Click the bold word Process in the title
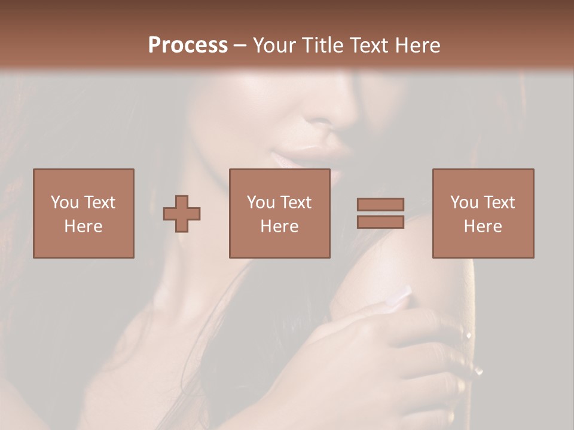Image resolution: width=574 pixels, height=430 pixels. pos(188,45)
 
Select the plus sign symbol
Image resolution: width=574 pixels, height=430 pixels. pos(182,214)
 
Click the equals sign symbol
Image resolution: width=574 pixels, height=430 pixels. pos(380,213)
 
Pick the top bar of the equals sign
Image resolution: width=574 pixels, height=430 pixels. pos(380,205)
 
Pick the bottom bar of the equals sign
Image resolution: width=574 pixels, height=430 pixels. pos(380,222)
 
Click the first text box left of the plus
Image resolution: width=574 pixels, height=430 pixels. pos(84,213)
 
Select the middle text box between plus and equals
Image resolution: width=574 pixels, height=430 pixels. pos(280,213)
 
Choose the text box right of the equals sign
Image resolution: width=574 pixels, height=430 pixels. pos(483,213)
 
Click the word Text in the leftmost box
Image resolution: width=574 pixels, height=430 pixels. pos(99,202)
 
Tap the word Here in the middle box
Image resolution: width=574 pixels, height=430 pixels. pos(280,226)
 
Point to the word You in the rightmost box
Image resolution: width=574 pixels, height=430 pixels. pos(465,202)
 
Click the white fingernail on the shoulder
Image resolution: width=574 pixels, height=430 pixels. pos(399,297)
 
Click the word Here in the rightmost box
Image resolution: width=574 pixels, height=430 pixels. pos(483,226)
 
